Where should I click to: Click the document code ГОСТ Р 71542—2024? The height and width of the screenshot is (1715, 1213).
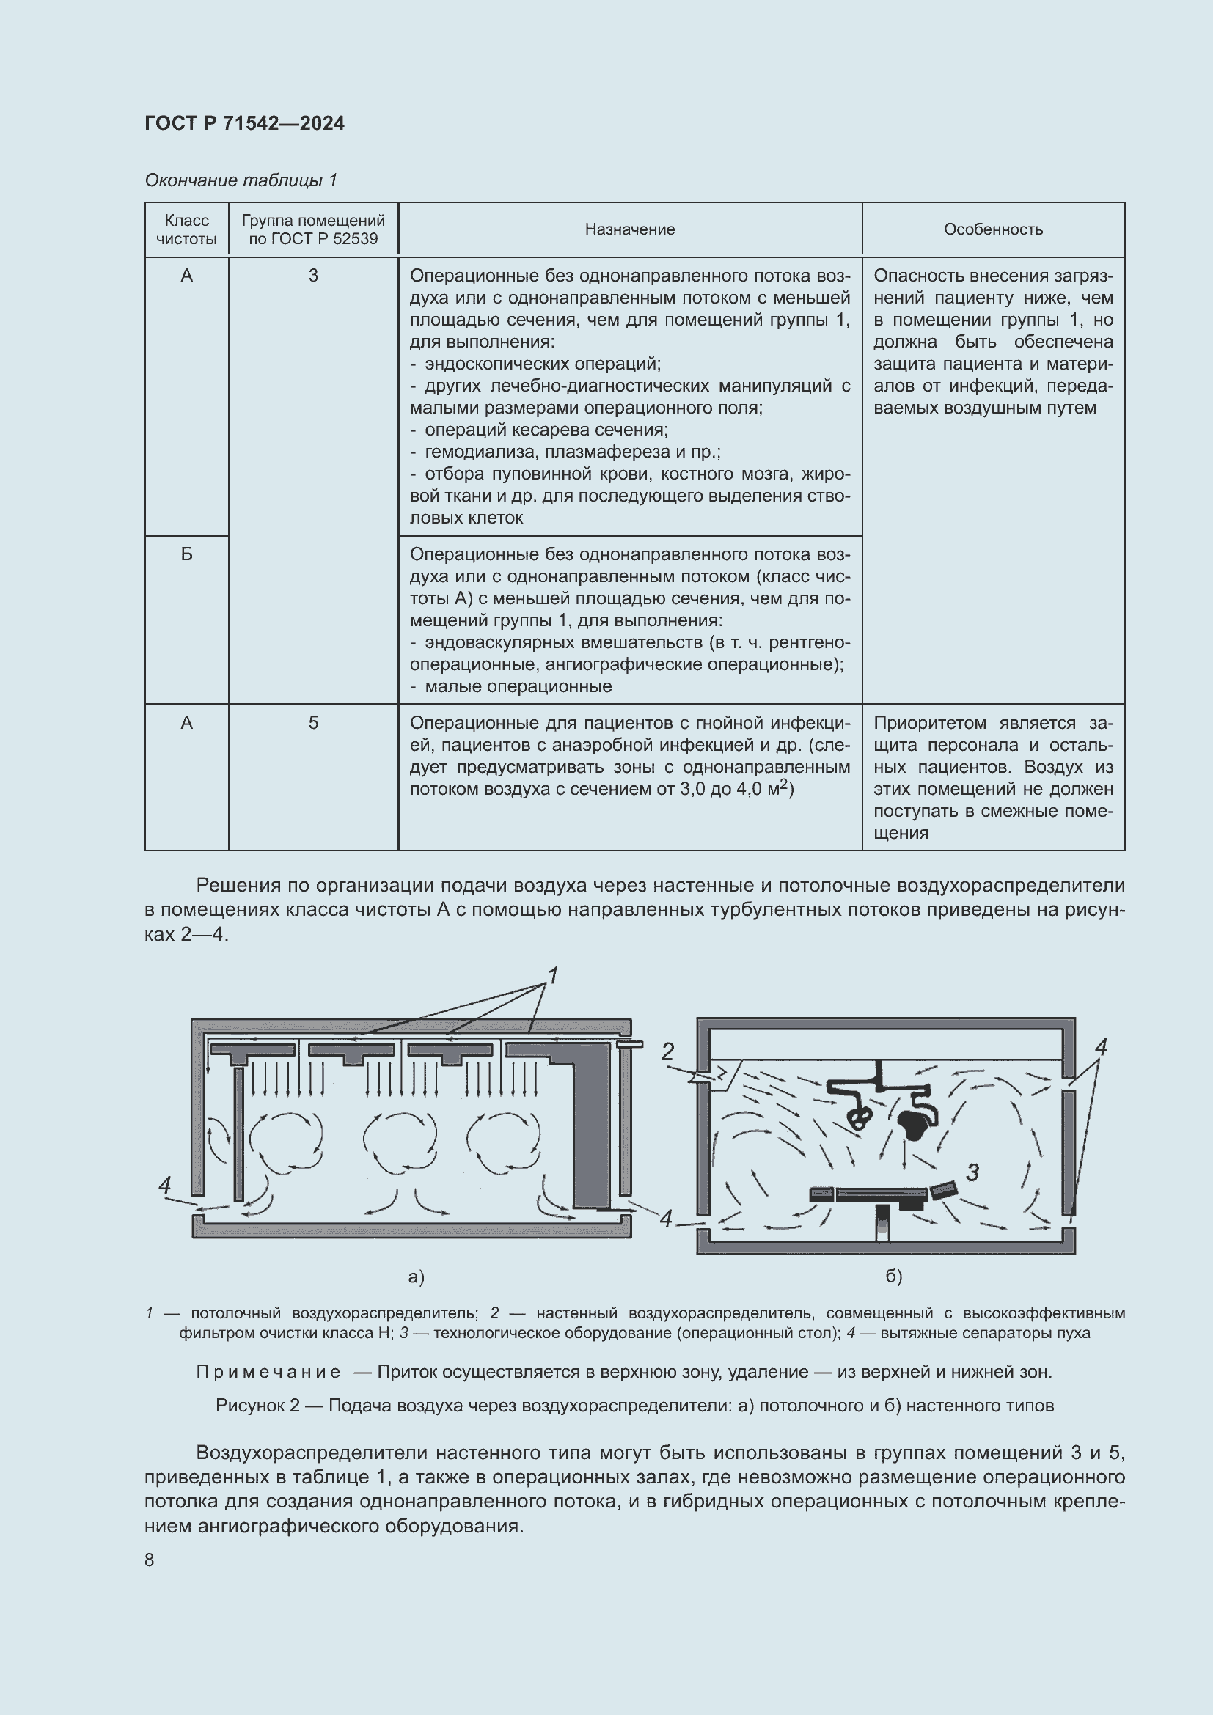click(x=244, y=123)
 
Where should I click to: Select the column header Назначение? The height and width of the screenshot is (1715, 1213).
click(x=630, y=229)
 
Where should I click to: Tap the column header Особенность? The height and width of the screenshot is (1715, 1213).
click(x=993, y=229)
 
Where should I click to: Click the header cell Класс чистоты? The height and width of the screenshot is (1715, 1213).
click(x=186, y=229)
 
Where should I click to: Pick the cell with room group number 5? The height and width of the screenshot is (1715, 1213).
click(x=313, y=723)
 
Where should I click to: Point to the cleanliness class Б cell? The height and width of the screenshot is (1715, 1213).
click(x=186, y=554)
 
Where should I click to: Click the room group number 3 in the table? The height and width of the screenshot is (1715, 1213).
click(x=313, y=276)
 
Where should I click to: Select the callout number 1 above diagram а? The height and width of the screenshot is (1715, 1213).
click(x=553, y=976)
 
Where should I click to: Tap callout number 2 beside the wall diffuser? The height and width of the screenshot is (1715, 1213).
click(x=668, y=1051)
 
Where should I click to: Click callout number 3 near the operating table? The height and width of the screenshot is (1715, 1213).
click(x=972, y=1172)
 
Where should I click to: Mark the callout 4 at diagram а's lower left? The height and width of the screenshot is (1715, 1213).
click(x=165, y=1185)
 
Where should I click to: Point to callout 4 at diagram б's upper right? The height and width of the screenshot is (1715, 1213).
click(x=1100, y=1047)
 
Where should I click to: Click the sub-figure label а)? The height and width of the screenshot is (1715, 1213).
click(x=416, y=1277)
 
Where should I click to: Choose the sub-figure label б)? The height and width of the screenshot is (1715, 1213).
click(x=894, y=1277)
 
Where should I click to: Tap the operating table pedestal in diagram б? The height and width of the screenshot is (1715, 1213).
click(x=883, y=1224)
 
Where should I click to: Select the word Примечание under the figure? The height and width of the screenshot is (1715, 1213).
click(x=268, y=1372)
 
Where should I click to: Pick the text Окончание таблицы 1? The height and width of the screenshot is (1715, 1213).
click(x=241, y=180)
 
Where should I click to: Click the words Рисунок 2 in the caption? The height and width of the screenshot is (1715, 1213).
click(x=257, y=1406)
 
